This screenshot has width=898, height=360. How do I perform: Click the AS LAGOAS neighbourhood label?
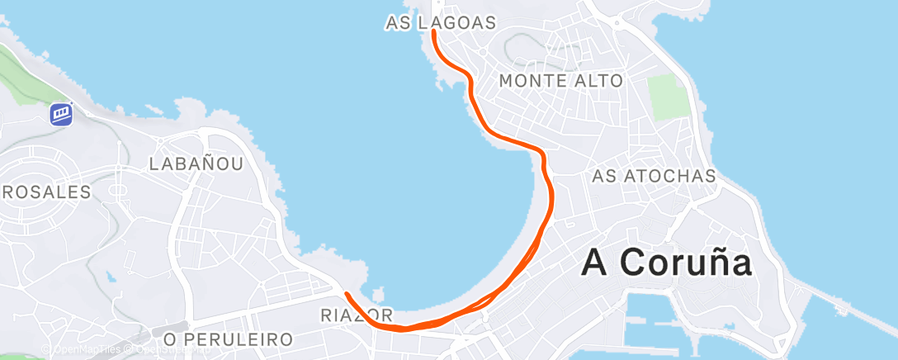coord(440,23)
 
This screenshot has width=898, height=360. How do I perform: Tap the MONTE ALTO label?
coord(560,81)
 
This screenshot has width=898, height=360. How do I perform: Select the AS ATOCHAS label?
coord(654,176)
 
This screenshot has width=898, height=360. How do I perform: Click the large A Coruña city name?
coord(667,263)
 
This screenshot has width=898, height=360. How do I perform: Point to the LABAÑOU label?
coord(196,163)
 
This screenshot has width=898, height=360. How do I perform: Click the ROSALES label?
coord(45,192)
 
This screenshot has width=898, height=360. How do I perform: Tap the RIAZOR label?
coord(355,315)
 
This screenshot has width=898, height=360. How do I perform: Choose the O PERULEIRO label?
coord(228,339)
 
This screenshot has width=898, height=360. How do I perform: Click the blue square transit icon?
coord(61,113)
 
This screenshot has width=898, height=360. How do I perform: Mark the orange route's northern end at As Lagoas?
coord(433,33)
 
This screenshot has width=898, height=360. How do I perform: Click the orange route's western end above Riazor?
coord(347,294)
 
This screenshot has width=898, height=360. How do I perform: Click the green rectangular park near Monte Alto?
coord(668,97)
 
